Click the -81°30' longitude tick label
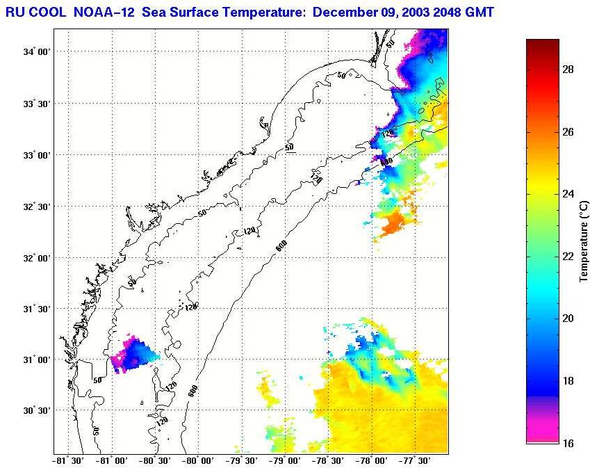click(x=68, y=460)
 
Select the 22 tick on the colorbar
click(x=566, y=257)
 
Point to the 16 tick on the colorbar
click(x=566, y=443)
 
